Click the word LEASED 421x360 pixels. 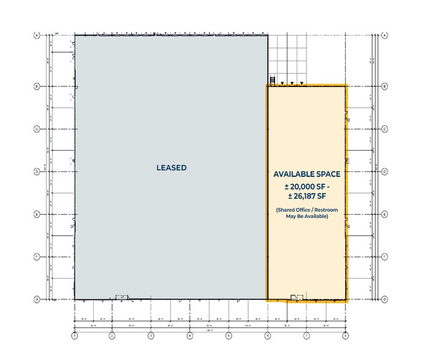(x=172, y=168)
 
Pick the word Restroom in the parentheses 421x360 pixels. (x=325, y=211)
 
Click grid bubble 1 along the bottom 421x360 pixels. (x=75, y=336)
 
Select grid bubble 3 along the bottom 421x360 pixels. (x=151, y=336)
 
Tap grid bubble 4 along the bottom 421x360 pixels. (x=190, y=336)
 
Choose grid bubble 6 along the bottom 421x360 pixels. (x=267, y=336)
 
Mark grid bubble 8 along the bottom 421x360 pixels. (x=346, y=336)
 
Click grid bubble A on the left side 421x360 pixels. (x=37, y=36)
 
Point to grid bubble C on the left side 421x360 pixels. (x=37, y=129)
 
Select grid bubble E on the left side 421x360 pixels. (x=37, y=214)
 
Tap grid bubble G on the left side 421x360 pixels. (x=37, y=299)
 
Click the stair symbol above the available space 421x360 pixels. (x=271, y=80)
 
